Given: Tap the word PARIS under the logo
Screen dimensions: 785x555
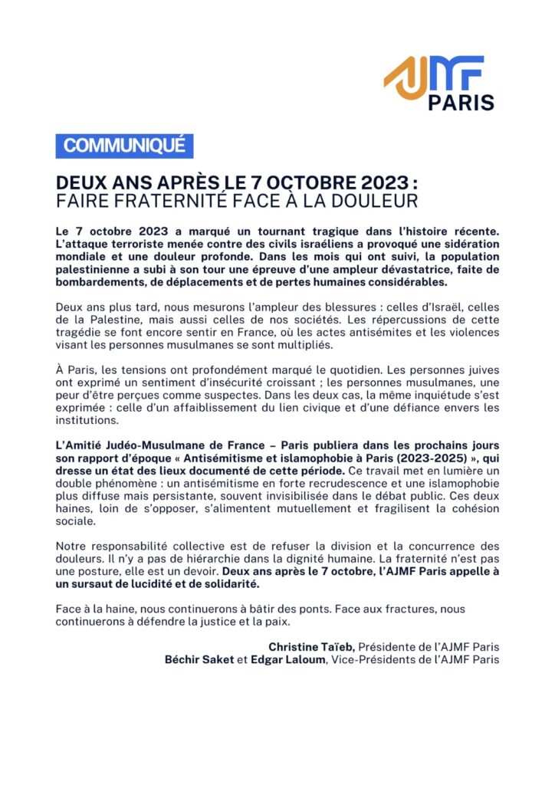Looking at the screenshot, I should tap(461, 103).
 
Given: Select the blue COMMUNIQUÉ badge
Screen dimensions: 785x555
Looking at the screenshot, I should tap(124, 146).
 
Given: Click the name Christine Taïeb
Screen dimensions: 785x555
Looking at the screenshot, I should tap(310, 647).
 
